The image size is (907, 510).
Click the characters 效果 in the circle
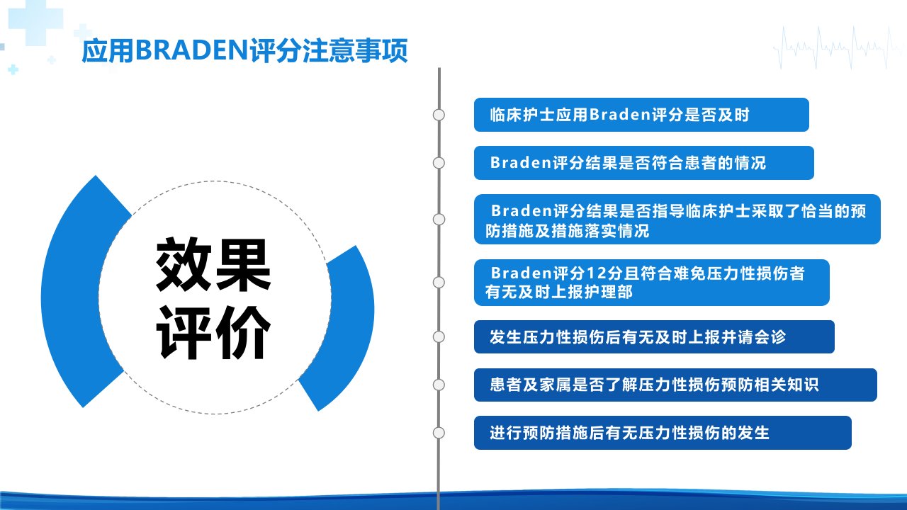(213, 265)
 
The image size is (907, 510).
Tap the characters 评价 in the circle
(213, 333)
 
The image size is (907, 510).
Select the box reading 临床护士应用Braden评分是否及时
(641, 115)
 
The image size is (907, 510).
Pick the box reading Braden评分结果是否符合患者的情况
(644, 163)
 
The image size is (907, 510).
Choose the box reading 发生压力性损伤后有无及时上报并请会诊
(654, 336)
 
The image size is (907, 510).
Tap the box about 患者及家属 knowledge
(675, 385)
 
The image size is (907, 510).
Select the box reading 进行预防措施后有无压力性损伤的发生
(663, 433)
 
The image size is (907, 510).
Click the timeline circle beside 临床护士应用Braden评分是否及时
(439, 115)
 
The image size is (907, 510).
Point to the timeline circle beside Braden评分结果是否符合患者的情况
(439, 163)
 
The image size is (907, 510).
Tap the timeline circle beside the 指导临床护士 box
(439, 220)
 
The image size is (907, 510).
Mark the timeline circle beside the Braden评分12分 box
(439, 283)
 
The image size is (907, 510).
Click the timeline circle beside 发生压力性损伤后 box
(439, 336)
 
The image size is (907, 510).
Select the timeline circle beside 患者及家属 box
(439, 385)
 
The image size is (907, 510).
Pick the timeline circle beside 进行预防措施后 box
(439, 433)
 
